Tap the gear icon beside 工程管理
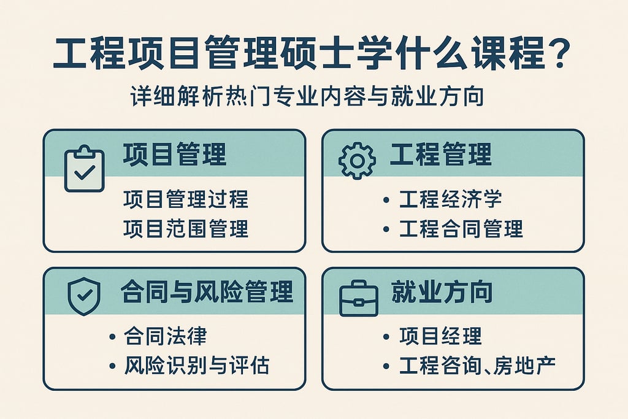(357, 160)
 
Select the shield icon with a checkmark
(84, 296)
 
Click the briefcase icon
(359, 298)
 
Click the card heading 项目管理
(175, 155)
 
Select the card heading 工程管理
(441, 155)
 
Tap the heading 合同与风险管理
(207, 292)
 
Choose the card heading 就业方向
(442, 292)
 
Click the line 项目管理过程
(186, 199)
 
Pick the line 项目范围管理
(186, 229)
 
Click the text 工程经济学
(451, 199)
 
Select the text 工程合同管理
(461, 229)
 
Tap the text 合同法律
(166, 336)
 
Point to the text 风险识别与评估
(196, 366)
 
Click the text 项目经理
(440, 336)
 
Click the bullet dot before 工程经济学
(385, 200)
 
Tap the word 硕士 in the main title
(335, 56)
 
